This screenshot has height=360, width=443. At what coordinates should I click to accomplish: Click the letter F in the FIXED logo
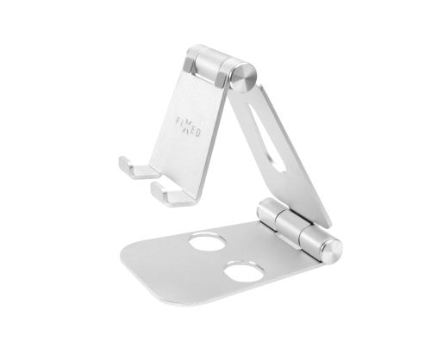pyautogui.click(x=178, y=121)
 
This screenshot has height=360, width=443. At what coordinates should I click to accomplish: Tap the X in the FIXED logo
pyautogui.click(x=187, y=127)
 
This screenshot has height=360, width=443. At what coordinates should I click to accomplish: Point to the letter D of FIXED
pyautogui.click(x=198, y=133)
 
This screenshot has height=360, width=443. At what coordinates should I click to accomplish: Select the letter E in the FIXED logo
pyautogui.click(x=193, y=130)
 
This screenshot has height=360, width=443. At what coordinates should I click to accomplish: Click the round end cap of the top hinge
pyautogui.click(x=243, y=78)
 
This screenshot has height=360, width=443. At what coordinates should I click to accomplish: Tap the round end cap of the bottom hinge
pyautogui.click(x=333, y=251)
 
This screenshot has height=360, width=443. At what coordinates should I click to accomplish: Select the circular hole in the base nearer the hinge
pyautogui.click(x=207, y=242)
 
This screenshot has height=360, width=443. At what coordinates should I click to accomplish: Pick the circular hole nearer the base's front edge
pyautogui.click(x=244, y=271)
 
